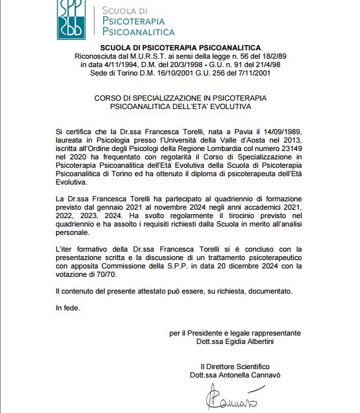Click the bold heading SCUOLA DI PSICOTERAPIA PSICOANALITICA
pyautogui.click(x=181, y=48)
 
